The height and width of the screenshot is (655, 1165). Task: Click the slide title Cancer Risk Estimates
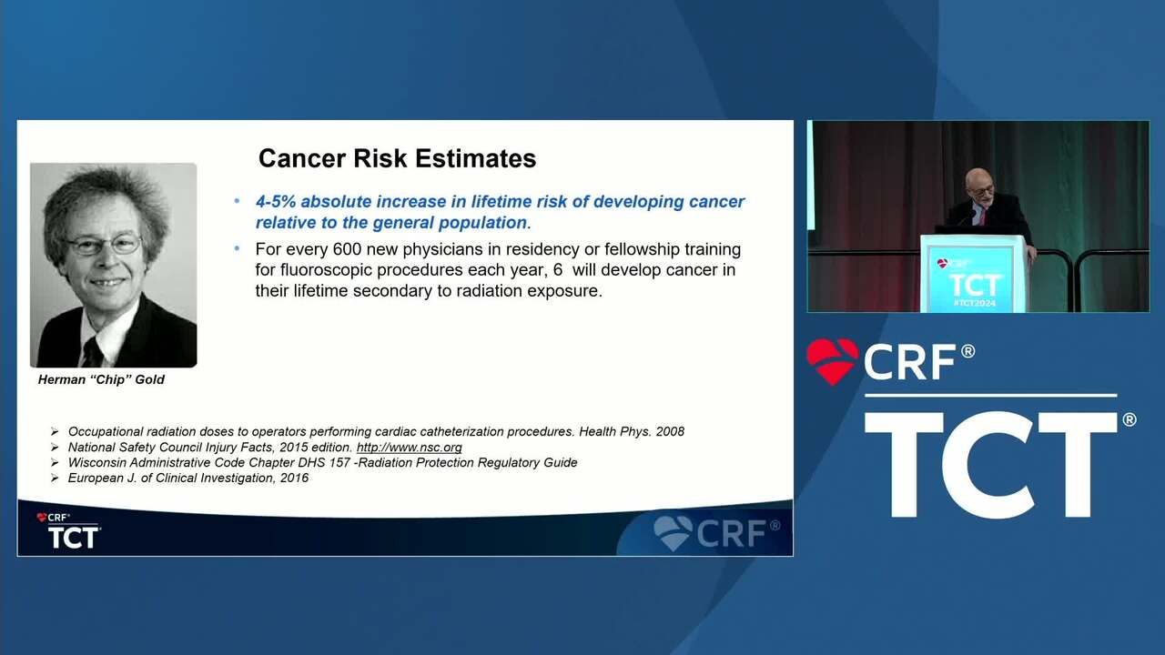[397, 158]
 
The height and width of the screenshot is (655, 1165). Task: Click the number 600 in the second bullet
[347, 249]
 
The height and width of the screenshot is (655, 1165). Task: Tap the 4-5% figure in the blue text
[276, 202]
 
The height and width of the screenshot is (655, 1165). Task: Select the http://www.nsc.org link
[409, 447]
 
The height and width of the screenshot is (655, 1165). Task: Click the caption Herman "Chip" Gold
[101, 379]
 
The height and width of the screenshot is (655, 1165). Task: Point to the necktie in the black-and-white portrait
[94, 352]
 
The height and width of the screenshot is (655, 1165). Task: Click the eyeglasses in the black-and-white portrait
[104, 245]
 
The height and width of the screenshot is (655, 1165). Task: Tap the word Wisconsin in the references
[96, 463]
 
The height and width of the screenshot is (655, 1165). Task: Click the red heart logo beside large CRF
[832, 361]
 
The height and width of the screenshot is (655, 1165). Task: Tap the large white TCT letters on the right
[991, 465]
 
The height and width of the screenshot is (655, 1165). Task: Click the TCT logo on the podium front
[975, 285]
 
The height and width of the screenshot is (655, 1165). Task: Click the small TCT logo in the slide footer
[73, 537]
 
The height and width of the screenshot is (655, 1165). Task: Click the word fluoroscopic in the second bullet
[326, 270]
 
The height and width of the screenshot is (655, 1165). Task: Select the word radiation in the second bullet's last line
[489, 290]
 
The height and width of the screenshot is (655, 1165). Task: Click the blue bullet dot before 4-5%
[238, 201]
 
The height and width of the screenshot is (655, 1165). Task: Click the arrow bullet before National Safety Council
[55, 447]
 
